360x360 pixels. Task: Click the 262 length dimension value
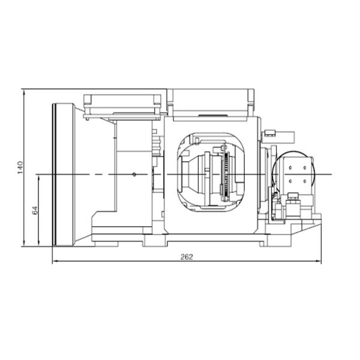[x=187, y=256]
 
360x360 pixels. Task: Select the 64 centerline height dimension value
[x=35, y=210]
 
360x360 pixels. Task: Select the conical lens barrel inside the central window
[x=194, y=173]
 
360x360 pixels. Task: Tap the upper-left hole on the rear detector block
[x=290, y=169]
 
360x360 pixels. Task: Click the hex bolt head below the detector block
[x=293, y=195]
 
